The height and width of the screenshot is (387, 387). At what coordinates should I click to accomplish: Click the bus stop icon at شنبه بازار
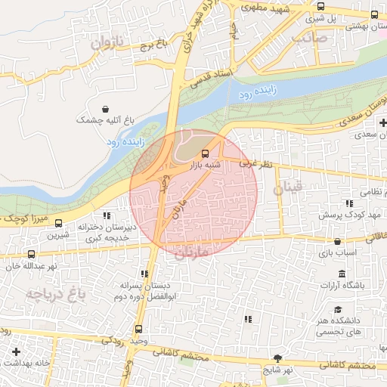pos(207,153)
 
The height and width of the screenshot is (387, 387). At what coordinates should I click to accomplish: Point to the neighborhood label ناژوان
pos(106,44)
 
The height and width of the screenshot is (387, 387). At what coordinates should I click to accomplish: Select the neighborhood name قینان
pos(287,190)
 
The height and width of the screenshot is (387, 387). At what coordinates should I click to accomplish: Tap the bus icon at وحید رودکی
pos(138,329)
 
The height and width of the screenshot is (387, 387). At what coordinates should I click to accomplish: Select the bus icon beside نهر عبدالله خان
pos(31,255)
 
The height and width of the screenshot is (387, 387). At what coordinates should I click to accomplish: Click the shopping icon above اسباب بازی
pos(337,243)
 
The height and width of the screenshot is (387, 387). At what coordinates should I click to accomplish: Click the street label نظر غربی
pos(255,163)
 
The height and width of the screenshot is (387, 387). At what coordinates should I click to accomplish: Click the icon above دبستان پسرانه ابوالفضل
pos(144,274)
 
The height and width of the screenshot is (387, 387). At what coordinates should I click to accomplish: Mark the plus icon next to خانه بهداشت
pos(17,351)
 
